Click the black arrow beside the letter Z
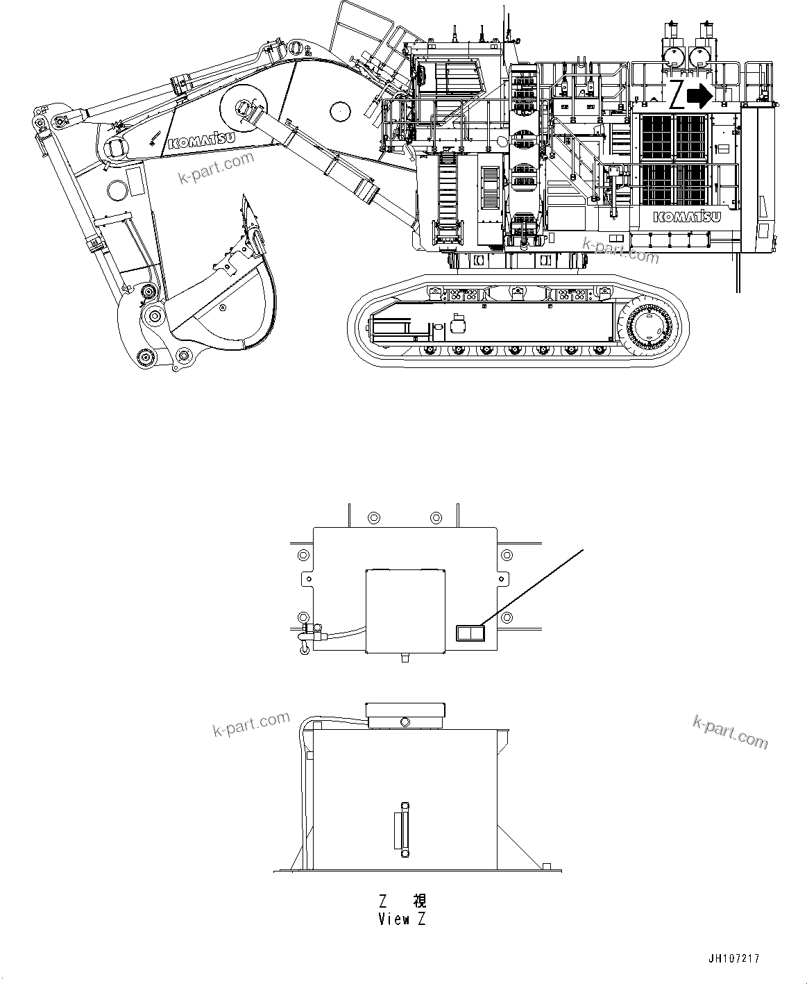point(699,96)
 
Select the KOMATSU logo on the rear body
point(687,217)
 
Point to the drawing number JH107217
point(733,958)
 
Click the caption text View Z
point(402,919)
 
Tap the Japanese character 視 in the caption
point(419,902)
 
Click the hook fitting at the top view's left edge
point(305,634)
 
